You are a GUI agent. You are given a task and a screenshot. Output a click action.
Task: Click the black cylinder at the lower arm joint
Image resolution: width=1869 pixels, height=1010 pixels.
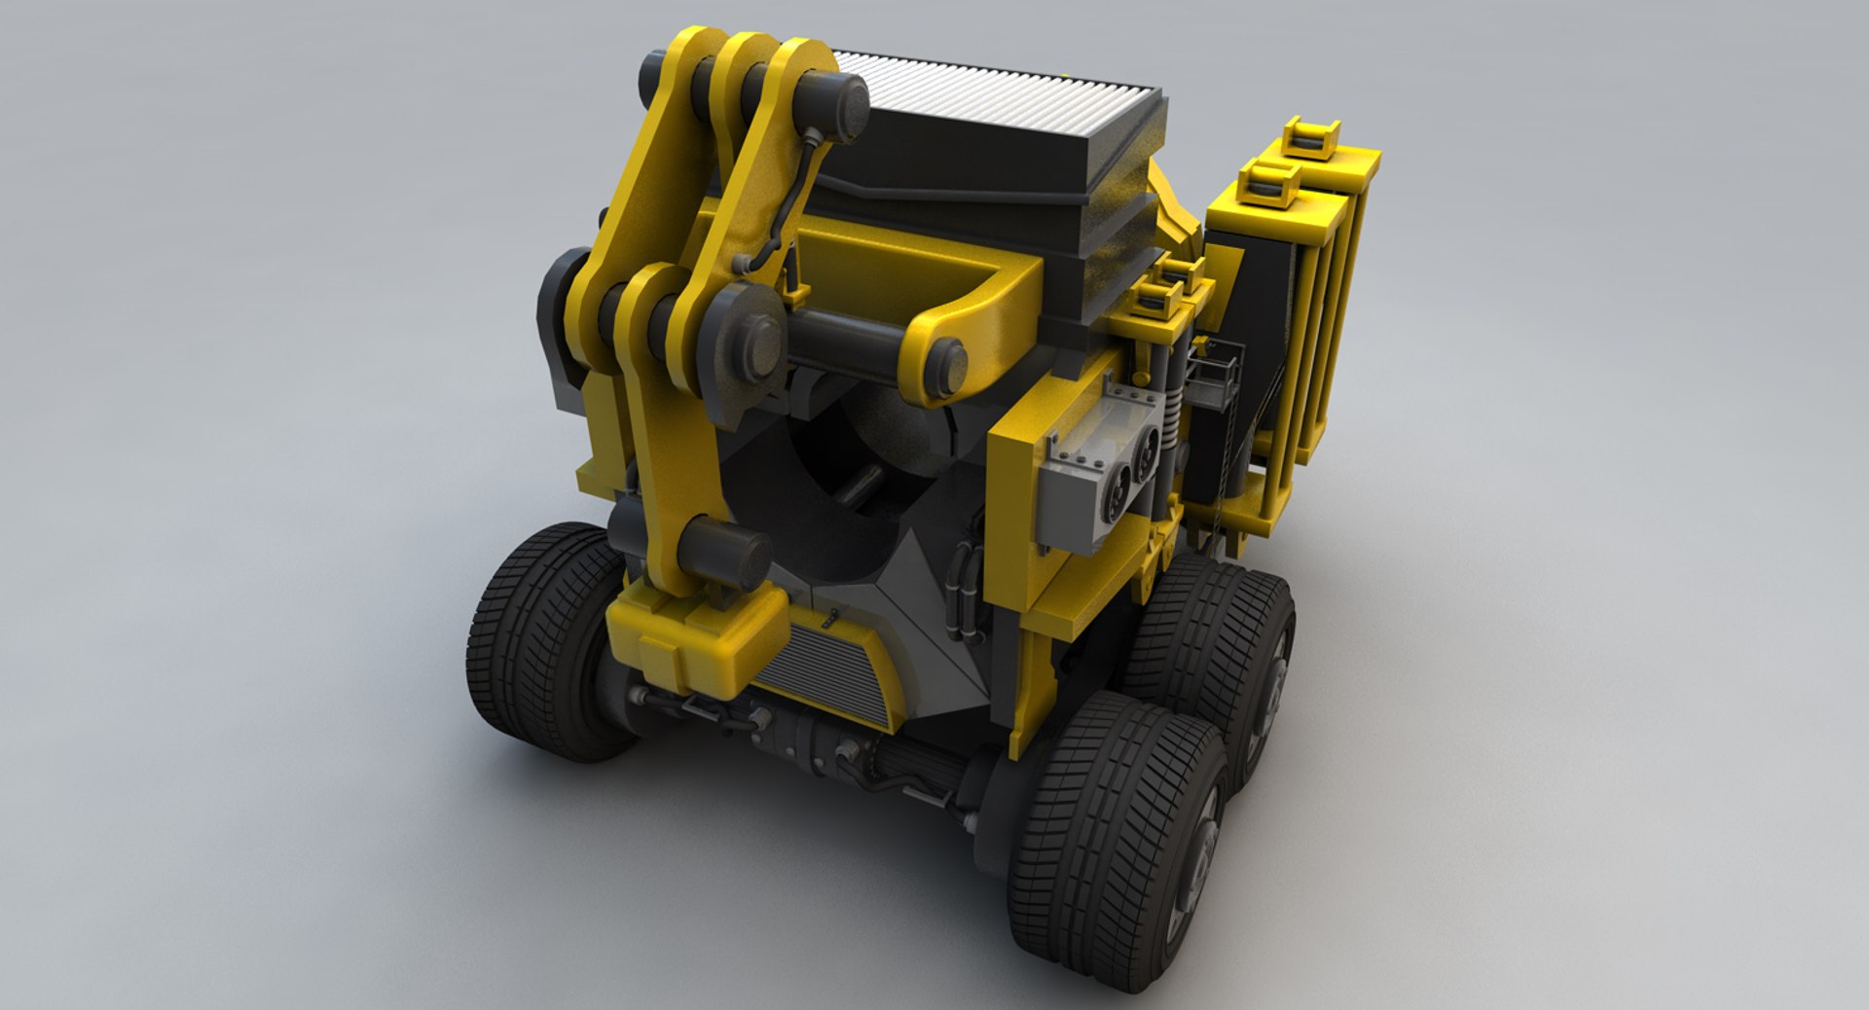tap(725, 551)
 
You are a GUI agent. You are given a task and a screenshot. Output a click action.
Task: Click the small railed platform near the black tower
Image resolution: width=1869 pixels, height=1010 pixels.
tap(1217, 375)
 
